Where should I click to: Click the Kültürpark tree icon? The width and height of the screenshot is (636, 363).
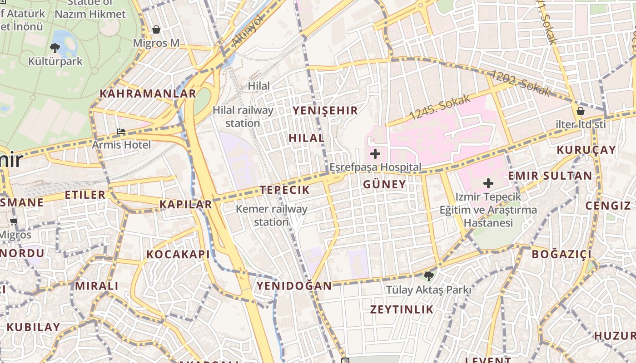point(55,47)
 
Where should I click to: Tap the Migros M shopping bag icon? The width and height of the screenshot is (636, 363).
point(156,30)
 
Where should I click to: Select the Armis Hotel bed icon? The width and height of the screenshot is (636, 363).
point(121,132)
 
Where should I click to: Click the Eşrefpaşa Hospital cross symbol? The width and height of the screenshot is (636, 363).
point(375,154)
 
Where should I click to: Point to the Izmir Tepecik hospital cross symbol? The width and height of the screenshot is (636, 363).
point(488,183)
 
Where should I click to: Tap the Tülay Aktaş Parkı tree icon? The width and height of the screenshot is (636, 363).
point(428,276)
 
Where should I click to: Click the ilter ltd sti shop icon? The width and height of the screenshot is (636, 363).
point(580,111)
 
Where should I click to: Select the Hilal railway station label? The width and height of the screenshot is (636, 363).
point(243,117)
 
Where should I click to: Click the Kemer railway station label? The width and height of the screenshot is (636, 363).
point(272,216)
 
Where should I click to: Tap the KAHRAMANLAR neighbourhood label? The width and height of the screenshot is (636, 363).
point(148,94)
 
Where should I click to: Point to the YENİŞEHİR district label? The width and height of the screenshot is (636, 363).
point(325,110)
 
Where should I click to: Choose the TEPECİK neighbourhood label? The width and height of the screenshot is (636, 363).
point(284,190)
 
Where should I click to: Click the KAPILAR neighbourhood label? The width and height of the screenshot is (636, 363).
point(186,205)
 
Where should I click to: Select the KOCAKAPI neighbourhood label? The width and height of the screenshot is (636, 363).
point(178,255)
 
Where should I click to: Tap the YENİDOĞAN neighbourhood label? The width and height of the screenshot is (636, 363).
point(294,286)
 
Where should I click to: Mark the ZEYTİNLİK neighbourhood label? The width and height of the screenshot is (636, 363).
point(402,309)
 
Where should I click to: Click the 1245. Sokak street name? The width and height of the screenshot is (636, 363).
point(439,108)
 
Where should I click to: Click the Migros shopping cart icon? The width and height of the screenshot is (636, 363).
point(14,222)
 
